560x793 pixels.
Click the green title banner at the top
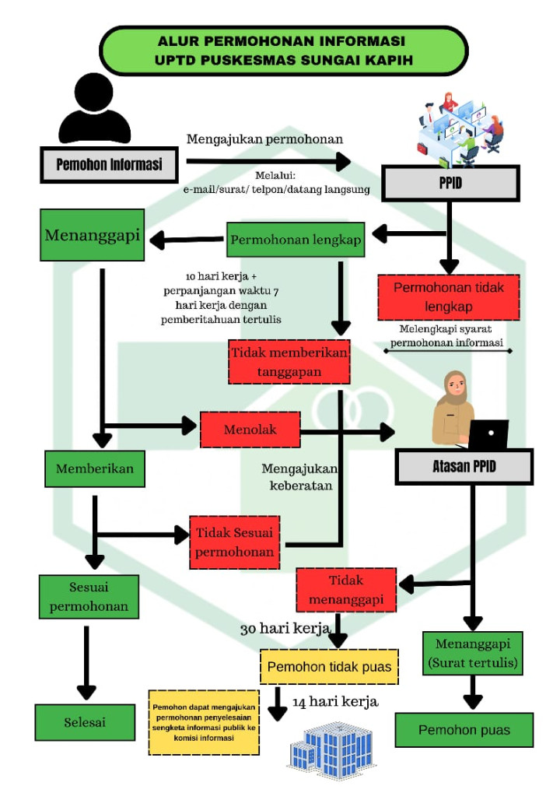pyautogui.click(x=284, y=51)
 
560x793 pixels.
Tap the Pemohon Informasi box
pyautogui.click(x=109, y=165)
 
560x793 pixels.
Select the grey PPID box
pyautogui.click(x=450, y=183)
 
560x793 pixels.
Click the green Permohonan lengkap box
pyautogui.click(x=296, y=240)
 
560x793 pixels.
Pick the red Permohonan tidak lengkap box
pyautogui.click(x=449, y=297)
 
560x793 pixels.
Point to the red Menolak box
pyautogui.click(x=250, y=430)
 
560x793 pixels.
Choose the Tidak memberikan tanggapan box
pyautogui.click(x=289, y=362)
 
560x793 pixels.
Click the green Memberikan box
pyautogui.click(x=95, y=468)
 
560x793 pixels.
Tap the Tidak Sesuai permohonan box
pyautogui.click(x=235, y=542)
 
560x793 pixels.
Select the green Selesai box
pyautogui.click(x=85, y=722)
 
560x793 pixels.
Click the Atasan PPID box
pyautogui.click(x=464, y=466)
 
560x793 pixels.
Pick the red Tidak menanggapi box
pyautogui.click(x=346, y=590)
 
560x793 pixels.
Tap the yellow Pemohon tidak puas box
pyautogui.click(x=330, y=667)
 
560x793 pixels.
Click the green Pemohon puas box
pyautogui.click(x=464, y=730)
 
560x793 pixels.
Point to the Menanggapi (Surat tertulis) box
pyautogui.click(x=473, y=654)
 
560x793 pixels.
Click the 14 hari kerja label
pyautogui.click(x=335, y=702)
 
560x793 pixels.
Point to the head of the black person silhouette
pyautogui.click(x=93, y=92)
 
